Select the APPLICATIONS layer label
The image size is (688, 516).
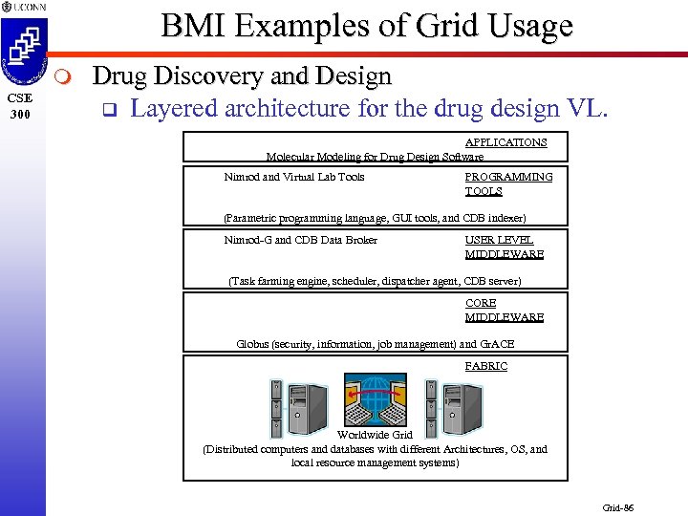click(x=505, y=142)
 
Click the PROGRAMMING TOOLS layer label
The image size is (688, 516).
click(x=507, y=183)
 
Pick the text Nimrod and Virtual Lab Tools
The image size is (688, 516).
click(x=293, y=177)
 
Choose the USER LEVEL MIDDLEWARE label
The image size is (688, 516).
click(x=504, y=247)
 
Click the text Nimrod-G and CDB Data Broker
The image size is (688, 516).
click(x=300, y=240)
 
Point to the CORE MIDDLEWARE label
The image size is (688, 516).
click(x=504, y=310)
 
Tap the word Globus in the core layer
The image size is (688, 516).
click(x=253, y=344)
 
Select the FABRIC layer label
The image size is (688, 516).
click(x=485, y=366)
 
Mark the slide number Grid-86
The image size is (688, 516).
click(x=617, y=507)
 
